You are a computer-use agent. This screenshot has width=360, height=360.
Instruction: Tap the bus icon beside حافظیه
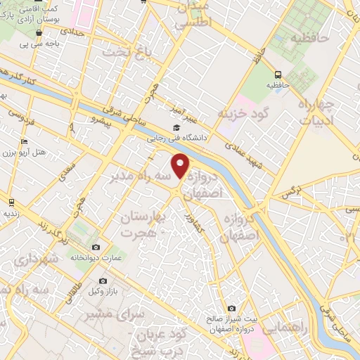(278, 74)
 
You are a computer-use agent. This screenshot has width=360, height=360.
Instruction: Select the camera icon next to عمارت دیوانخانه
(96, 247)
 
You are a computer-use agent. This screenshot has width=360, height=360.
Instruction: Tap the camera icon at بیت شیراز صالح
(232, 308)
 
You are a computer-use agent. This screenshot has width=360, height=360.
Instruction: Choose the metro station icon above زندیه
(11, 201)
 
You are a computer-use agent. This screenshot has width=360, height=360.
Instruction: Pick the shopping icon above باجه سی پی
(39, 32)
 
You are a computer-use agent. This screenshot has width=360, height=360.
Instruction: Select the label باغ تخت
(127, 53)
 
